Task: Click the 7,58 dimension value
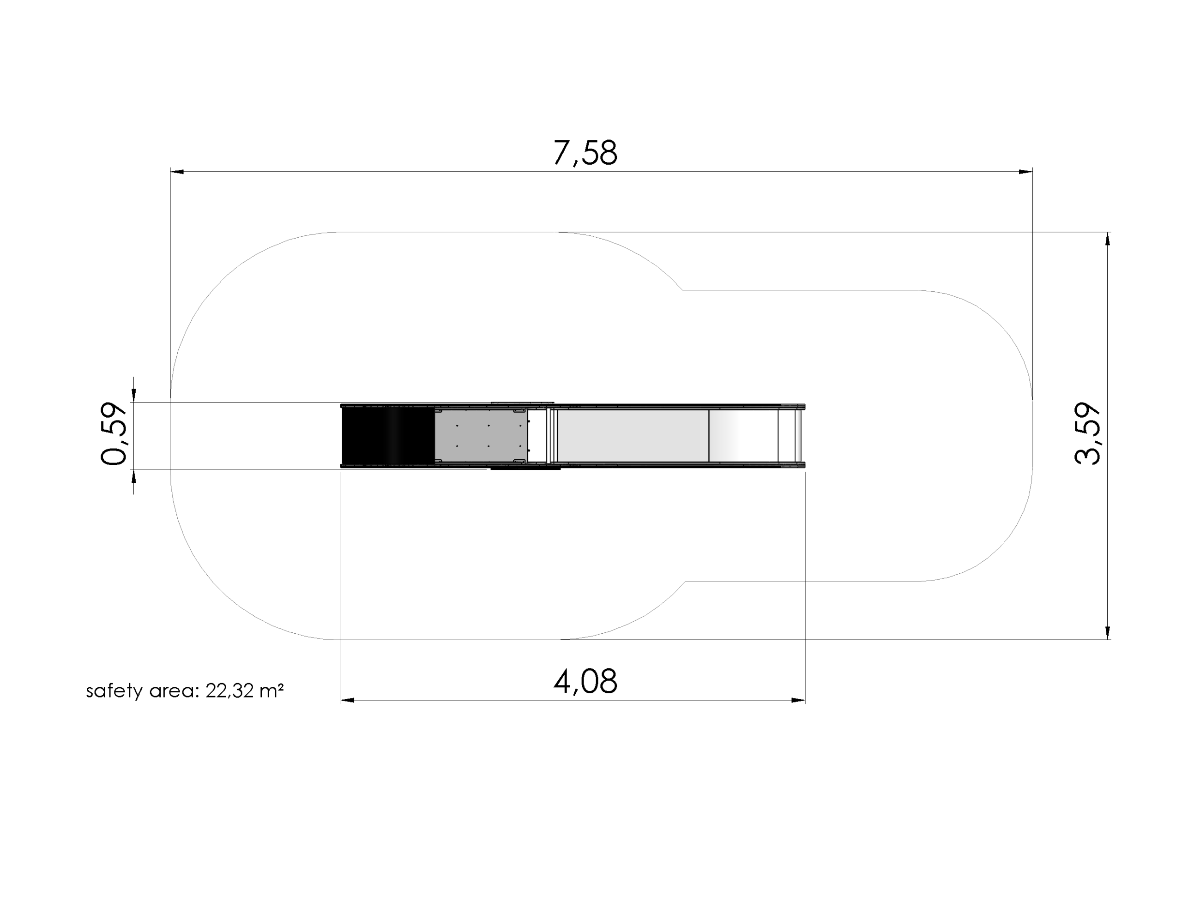tap(585, 153)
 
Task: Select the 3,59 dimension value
tap(1087, 433)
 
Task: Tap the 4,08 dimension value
tap(585, 681)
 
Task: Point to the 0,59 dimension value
tap(114, 433)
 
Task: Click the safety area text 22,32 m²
tap(244, 691)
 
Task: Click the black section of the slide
tap(388, 436)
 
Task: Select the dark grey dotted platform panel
tap(481, 436)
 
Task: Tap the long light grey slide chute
tap(633, 436)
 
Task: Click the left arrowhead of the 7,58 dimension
tap(177, 172)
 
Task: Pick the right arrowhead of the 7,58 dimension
tap(1025, 172)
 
